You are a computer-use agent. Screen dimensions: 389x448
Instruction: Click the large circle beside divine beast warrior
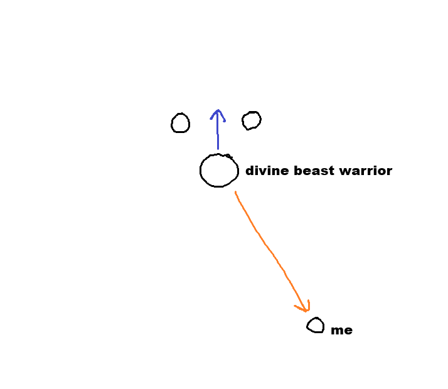tap(219, 170)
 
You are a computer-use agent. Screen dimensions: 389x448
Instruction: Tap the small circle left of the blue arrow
tap(180, 123)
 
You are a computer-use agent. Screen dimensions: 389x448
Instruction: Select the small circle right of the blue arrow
tap(252, 120)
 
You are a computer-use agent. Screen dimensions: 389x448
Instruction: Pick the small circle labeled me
tap(316, 326)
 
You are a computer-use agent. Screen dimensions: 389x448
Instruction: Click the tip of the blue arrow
tap(218, 110)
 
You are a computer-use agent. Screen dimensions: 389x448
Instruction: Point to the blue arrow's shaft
tap(218, 132)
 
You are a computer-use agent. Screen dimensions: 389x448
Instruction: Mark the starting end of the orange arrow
tap(235, 192)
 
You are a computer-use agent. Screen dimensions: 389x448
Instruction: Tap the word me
tap(342, 331)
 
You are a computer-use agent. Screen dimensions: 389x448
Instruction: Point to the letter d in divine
tap(250, 171)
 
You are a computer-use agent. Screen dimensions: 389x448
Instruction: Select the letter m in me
tap(337, 331)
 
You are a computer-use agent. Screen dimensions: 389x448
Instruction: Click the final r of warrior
tap(389, 171)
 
